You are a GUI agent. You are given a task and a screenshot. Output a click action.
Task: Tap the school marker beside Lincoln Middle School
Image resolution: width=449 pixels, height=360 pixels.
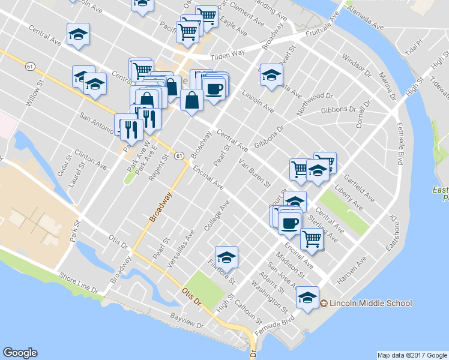[307, 298]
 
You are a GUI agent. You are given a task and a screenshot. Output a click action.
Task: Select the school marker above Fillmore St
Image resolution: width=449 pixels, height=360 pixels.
[226, 257]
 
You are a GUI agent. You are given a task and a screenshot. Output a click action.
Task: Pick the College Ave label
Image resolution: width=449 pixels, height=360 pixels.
[217, 217]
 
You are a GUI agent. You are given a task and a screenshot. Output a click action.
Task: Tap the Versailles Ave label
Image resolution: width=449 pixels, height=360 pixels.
[184, 242]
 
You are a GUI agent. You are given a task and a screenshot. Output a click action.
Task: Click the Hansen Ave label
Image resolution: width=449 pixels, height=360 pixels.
[352, 271]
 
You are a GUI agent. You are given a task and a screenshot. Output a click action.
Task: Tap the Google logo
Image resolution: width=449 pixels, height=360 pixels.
[20, 353]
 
